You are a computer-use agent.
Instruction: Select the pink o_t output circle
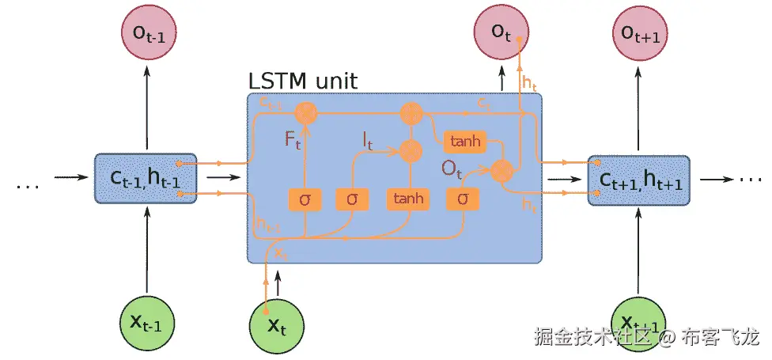tap(501, 34)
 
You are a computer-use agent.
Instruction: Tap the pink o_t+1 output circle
tap(640, 34)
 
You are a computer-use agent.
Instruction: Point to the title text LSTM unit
tap(303, 81)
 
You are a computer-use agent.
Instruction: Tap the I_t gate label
tap(368, 141)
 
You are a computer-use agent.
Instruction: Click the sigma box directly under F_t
tap(305, 199)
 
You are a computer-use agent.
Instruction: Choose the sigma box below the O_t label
tap(464, 199)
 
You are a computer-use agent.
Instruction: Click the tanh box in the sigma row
tap(409, 199)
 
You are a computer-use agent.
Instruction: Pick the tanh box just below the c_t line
tap(465, 141)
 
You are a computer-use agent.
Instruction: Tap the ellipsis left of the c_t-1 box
tap(27, 186)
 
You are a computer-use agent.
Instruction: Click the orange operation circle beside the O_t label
tap(501, 169)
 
